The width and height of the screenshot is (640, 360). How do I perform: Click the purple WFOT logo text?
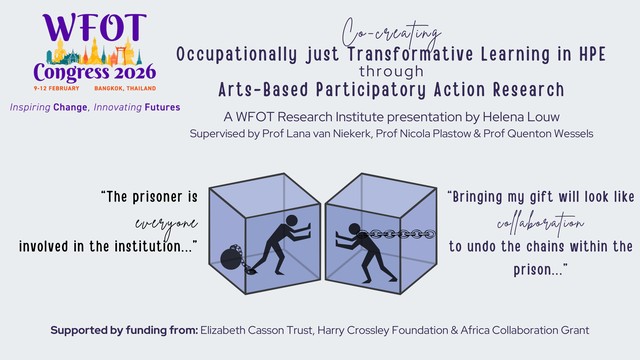[94, 27]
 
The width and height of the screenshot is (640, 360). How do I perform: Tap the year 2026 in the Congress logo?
[135, 73]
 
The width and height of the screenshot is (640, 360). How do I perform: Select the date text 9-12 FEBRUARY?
[56, 88]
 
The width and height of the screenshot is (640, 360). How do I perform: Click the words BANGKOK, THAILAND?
[125, 88]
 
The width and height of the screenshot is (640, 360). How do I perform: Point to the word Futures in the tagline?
[162, 107]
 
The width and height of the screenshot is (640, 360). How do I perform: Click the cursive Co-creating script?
[391, 33]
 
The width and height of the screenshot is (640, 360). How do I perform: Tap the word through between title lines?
[391, 71]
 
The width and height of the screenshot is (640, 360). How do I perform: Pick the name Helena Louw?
[521, 117]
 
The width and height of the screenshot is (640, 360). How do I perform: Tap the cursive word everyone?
[167, 224]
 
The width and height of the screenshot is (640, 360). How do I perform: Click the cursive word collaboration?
[540, 223]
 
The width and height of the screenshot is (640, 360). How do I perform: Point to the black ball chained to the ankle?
[229, 258]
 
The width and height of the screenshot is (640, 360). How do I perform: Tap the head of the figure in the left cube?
[291, 221]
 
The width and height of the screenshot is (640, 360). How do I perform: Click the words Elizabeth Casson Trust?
[256, 330]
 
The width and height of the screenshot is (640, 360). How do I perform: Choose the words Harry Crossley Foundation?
[382, 330]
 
